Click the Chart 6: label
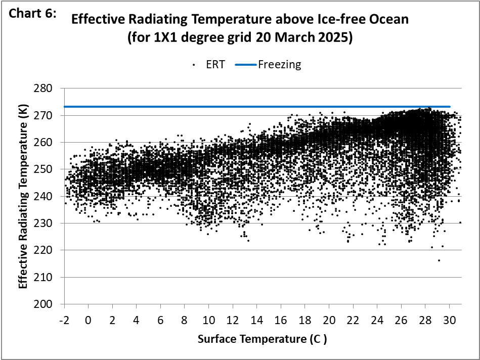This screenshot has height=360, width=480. click(31, 14)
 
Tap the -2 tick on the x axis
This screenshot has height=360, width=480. click(64, 321)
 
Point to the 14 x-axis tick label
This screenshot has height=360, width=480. click(257, 321)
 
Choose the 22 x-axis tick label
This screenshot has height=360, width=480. click(353, 321)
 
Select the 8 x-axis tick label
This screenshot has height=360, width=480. click(185, 321)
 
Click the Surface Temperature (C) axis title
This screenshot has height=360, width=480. click(261, 339)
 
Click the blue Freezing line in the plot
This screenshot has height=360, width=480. click(253, 107)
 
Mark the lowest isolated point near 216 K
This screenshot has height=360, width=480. click(439, 260)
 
